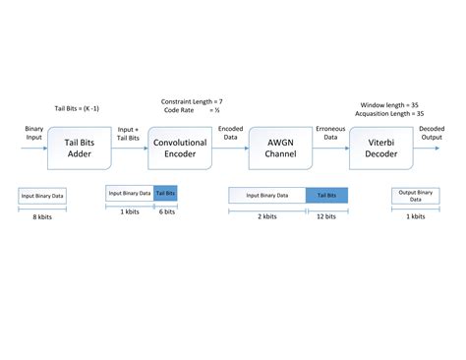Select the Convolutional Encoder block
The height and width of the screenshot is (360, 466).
[178, 147]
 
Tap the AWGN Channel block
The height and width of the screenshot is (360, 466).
[280, 147]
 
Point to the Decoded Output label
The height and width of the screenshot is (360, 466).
[431, 133]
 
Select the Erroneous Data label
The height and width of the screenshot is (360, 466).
[329, 134]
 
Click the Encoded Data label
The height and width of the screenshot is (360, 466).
[230, 134]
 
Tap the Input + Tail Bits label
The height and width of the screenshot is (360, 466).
[129, 134]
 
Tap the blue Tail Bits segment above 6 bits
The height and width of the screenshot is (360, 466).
[164, 194]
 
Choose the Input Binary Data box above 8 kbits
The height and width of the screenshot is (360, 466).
[40, 196]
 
